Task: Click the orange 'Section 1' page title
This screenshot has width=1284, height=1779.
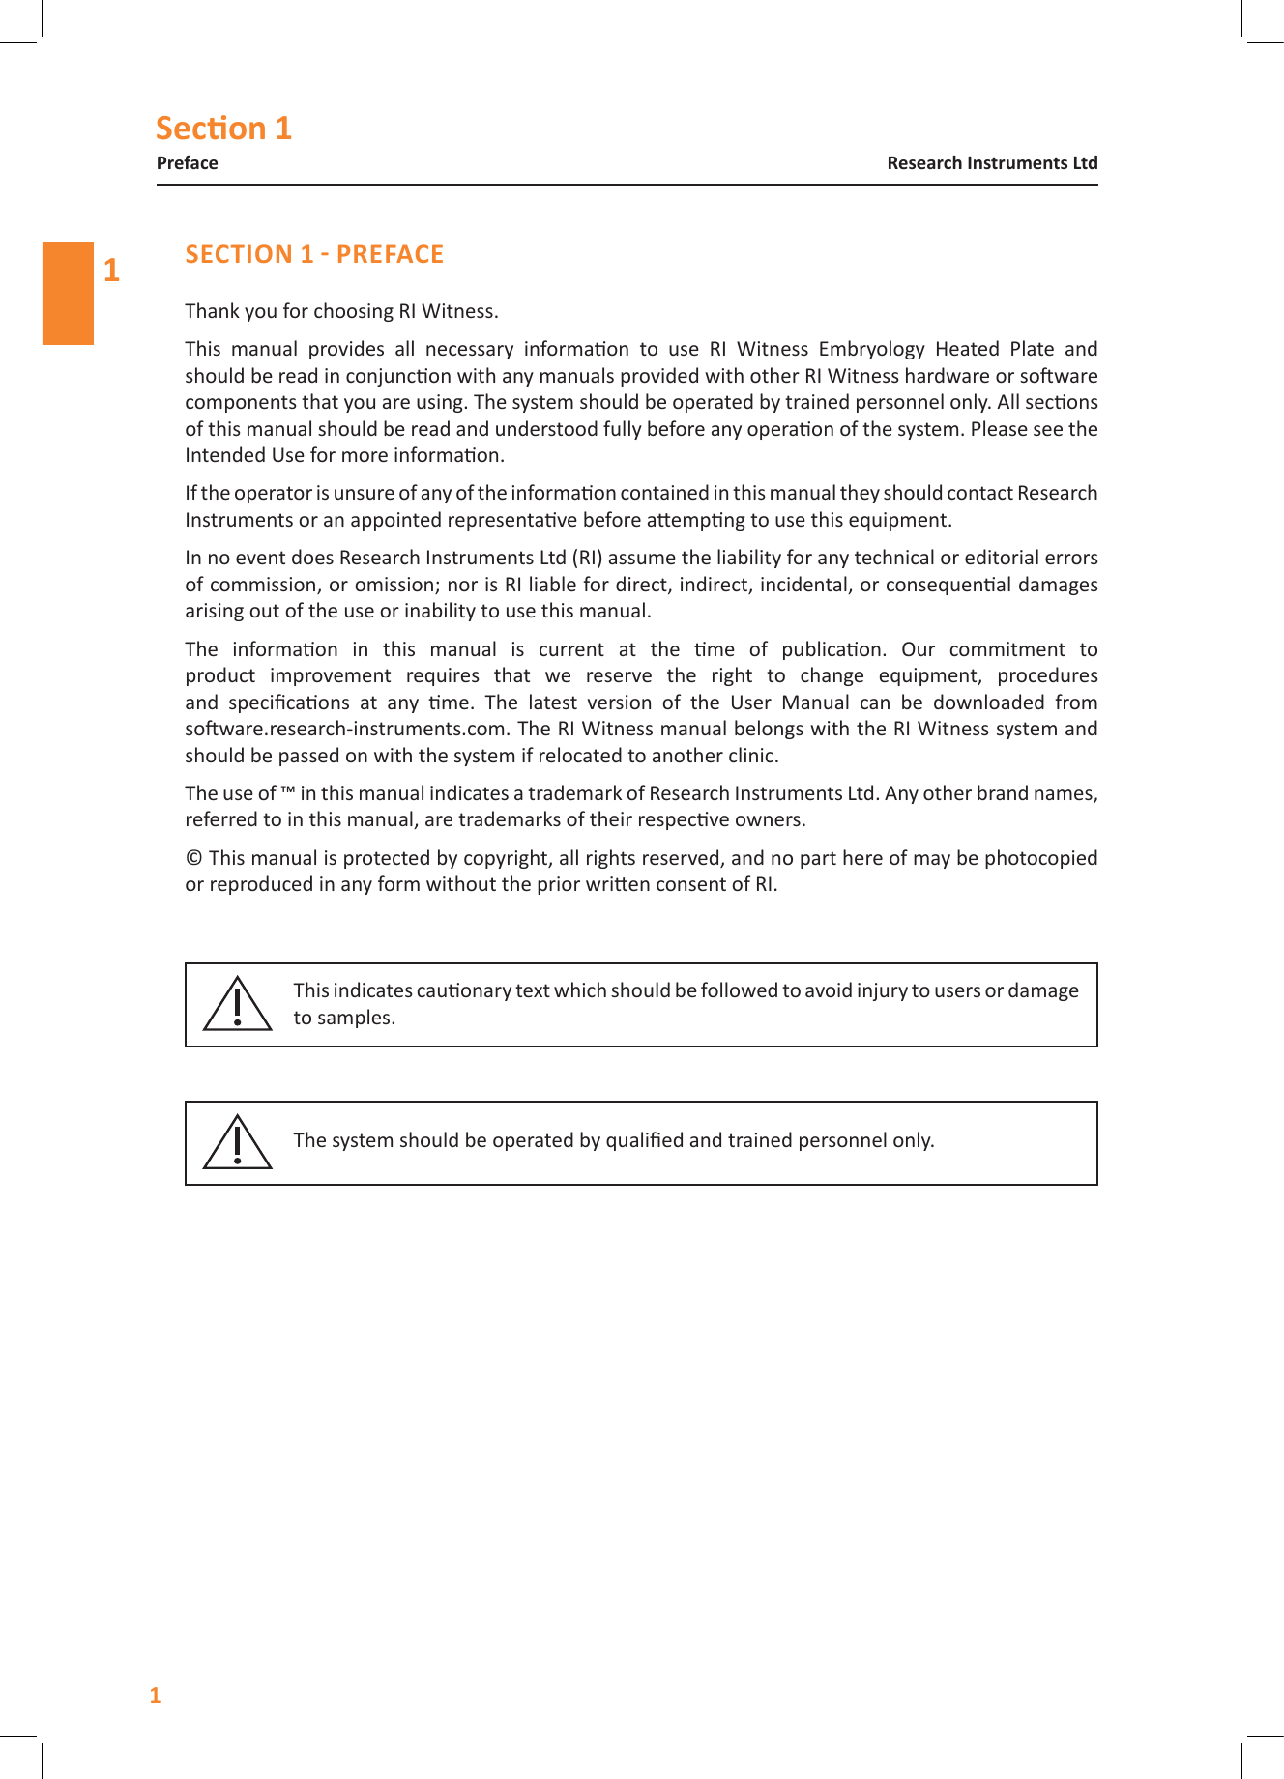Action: (223, 129)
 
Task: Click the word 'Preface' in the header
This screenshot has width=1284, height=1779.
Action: (187, 163)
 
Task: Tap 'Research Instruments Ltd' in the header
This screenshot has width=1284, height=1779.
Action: (992, 163)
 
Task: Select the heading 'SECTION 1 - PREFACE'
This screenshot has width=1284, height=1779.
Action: (314, 254)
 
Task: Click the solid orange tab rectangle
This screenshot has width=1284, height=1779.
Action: (68, 293)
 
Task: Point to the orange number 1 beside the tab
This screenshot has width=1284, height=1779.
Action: (112, 271)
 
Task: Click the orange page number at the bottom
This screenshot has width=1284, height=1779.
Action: (155, 1695)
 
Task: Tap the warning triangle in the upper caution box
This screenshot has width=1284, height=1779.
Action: (237, 1005)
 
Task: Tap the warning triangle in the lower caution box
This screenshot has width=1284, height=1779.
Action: (237, 1143)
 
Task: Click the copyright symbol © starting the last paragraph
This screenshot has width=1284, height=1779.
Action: (194, 858)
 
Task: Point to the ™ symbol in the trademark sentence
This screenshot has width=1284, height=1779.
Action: (288, 792)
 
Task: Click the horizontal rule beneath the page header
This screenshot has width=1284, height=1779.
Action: (627, 184)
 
